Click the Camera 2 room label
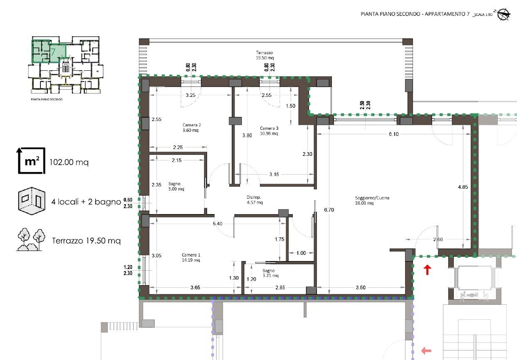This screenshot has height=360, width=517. point(191,128)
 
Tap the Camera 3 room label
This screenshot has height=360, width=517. point(269,131)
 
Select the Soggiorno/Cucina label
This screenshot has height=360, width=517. point(372,200)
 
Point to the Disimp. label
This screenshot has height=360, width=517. point(255,200)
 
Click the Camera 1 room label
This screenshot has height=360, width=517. point(191,257)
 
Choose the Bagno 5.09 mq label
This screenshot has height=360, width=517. point(176,186)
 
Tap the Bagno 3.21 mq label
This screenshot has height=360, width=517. point(270,273)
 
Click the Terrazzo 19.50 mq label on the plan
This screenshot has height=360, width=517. point(265,55)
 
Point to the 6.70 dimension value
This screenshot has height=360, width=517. point(329,210)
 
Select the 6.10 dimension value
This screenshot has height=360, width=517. point(393,134)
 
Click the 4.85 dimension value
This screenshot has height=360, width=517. point(463,187)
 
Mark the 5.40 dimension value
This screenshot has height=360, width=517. point(218,224)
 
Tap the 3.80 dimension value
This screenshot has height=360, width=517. point(247,136)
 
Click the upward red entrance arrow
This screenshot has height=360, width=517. point(427,270)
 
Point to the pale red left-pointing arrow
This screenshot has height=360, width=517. point(426,351)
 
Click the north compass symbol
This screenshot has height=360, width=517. point(503,14)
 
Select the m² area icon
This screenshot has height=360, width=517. point(31,161)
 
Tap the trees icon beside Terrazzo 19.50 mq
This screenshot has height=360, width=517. point(31,239)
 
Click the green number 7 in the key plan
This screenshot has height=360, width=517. point(53,52)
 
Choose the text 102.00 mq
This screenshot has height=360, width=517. point(69,162)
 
